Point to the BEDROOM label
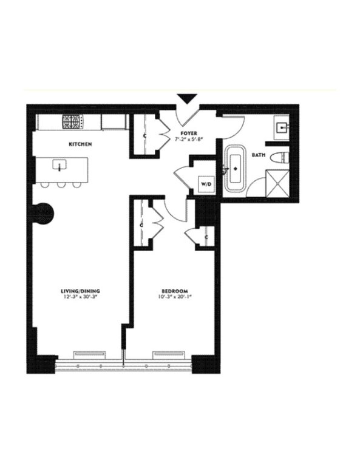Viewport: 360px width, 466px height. tap(172, 291)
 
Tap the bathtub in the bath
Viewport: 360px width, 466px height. tap(235, 170)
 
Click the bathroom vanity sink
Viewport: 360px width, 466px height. tap(283, 128)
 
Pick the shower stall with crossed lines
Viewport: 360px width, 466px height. tap(278, 186)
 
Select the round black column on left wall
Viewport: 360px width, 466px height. tap(44, 212)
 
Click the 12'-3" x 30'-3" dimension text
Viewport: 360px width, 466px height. tap(80, 299)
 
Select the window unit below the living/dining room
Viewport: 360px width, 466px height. tap(89, 356)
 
